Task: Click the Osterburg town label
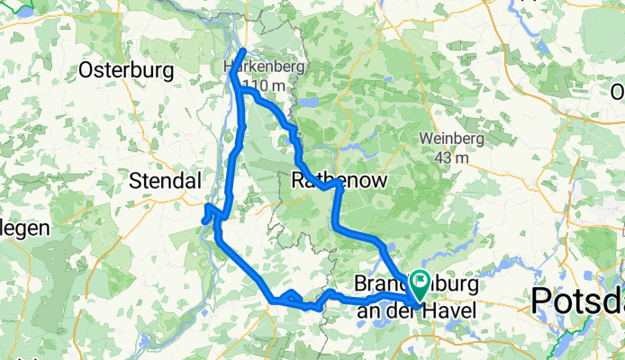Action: pos(119,69)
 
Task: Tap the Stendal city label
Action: pos(166,180)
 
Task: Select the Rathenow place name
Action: pos(340,181)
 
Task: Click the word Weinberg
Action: pos(452,139)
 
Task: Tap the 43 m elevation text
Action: pos(453,157)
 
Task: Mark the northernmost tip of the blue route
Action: pos(246,49)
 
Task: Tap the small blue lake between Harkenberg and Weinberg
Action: pos(311,103)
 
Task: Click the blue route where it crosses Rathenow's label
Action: pos(335,183)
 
